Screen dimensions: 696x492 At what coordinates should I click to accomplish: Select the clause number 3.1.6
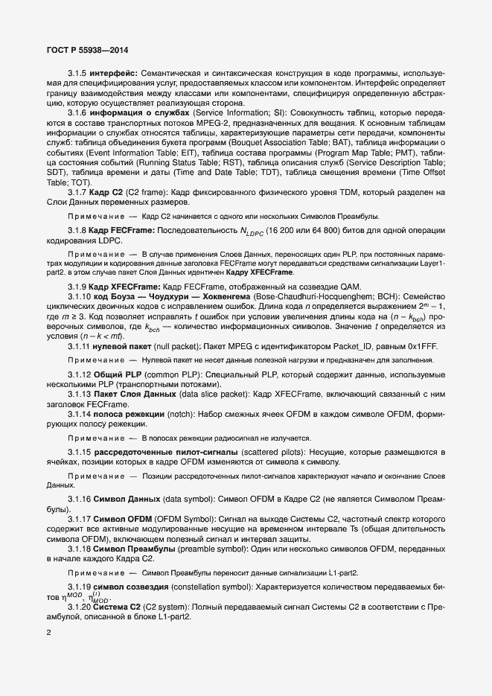78,112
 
